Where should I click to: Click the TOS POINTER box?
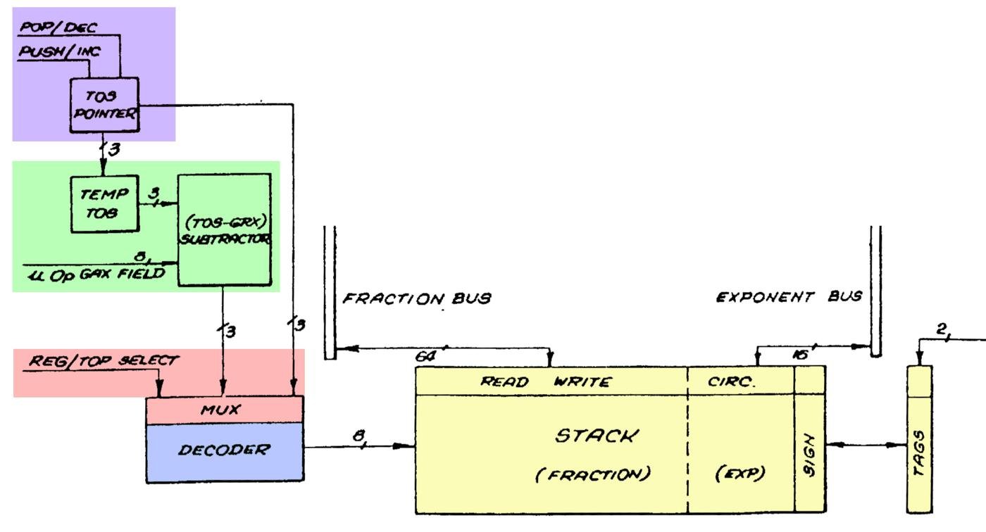[x=104, y=105]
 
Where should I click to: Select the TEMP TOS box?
[x=104, y=203]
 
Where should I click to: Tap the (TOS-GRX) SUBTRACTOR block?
[x=224, y=229]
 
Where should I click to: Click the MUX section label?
[x=224, y=410]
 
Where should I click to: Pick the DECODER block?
[x=224, y=450]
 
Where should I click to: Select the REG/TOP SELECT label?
[x=104, y=360]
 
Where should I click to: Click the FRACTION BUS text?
[x=416, y=298]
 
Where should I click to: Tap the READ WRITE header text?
[x=546, y=382]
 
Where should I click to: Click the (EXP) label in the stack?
[x=739, y=474]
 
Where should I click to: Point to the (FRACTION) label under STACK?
[x=593, y=474]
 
